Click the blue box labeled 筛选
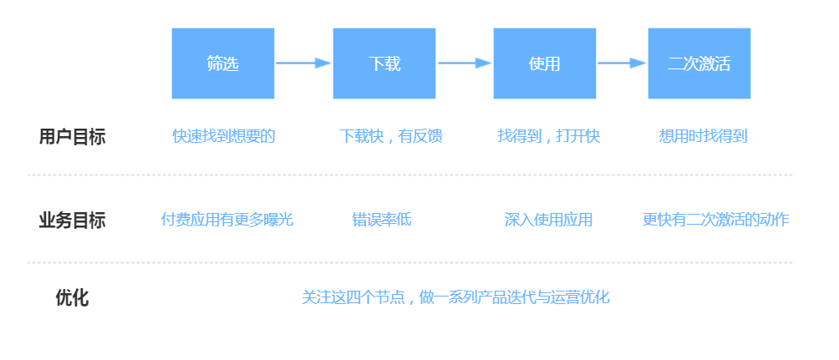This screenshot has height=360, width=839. (222, 63)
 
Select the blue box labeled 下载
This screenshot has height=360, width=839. (384, 63)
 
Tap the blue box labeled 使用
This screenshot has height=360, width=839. (545, 63)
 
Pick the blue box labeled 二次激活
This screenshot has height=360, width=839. (699, 63)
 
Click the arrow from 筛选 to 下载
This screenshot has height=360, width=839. (303, 63)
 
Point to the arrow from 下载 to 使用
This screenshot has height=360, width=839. (465, 63)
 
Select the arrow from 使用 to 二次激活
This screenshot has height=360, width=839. (622, 63)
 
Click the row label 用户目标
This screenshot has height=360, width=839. (72, 137)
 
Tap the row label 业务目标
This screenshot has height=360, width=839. (72, 221)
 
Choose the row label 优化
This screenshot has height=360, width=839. (72, 298)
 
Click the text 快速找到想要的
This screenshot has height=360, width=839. (224, 136)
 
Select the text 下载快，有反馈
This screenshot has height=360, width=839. (391, 136)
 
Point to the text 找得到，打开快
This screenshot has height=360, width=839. (549, 136)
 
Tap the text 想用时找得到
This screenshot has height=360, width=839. (703, 136)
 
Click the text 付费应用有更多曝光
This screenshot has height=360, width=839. (227, 220)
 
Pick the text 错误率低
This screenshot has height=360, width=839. (382, 220)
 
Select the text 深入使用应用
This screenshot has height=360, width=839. (548, 220)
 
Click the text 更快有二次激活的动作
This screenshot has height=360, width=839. (716, 220)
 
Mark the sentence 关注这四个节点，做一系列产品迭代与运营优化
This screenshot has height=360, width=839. (455, 297)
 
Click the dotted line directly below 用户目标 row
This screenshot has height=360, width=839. (409, 175)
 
